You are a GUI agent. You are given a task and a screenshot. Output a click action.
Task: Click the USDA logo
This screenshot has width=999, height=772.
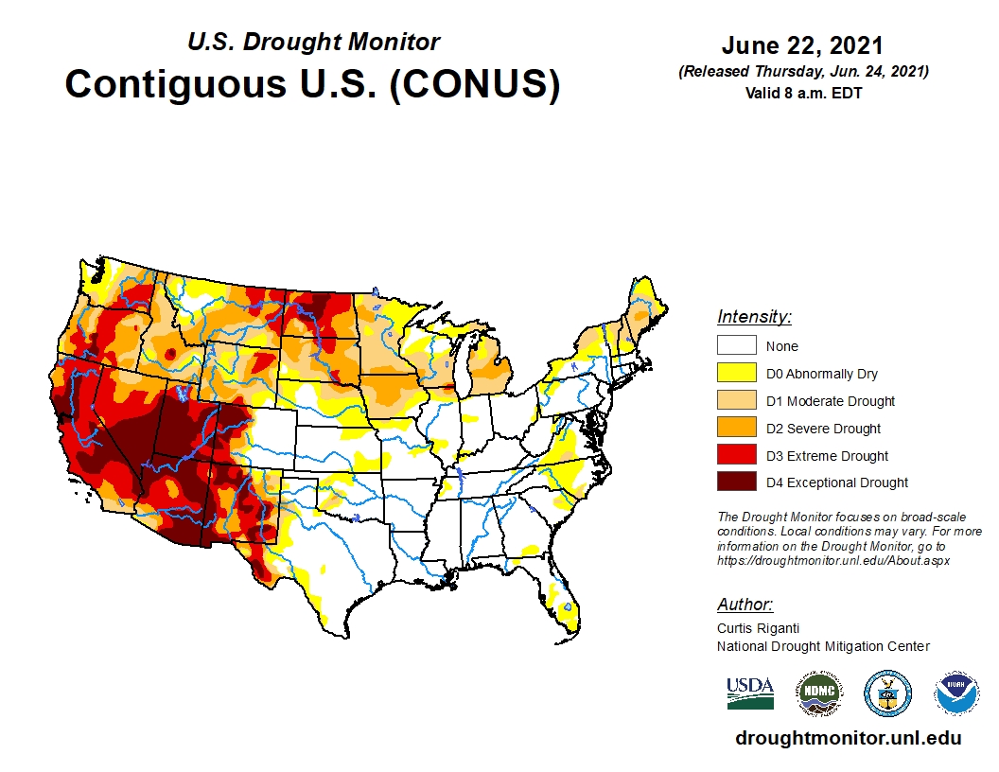750,693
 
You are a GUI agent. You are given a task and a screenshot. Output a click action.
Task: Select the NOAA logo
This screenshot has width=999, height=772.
956,693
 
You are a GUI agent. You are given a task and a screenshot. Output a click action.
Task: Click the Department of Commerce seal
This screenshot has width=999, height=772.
887,693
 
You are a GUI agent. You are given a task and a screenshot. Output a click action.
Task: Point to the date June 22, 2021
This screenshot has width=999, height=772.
802,46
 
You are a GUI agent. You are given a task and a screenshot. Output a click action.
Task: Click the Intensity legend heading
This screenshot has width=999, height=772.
754,317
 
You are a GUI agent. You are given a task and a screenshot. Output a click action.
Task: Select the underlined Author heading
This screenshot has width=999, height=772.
745,605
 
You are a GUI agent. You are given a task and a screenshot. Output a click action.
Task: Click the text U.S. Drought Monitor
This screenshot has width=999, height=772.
313,43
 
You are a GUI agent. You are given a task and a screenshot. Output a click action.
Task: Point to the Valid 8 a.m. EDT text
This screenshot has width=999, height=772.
802,92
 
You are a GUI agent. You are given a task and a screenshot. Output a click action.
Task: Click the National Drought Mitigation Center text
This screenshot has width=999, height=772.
823,646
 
